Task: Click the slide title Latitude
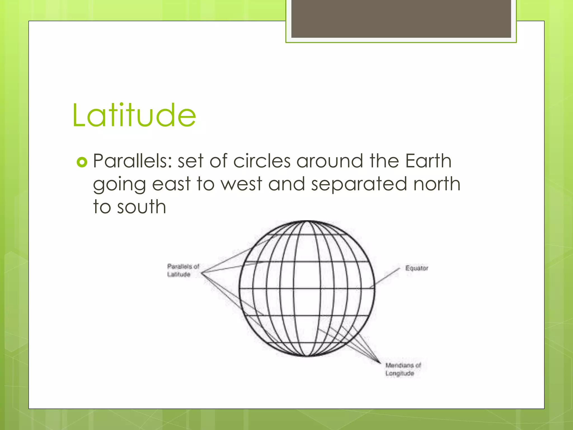pos(134,115)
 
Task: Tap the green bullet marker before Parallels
pos(82,162)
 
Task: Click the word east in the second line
pos(171,184)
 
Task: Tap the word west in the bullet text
pos(241,184)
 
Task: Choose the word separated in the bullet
pos(359,184)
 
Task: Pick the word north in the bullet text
pos(437,184)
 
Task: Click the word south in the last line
pos(142,207)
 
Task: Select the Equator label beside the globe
pos(417,268)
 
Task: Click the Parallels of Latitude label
pos(183,270)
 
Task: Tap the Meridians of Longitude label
pos(403,369)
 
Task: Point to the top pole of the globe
pos(307,221)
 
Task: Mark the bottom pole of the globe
pos(307,356)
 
